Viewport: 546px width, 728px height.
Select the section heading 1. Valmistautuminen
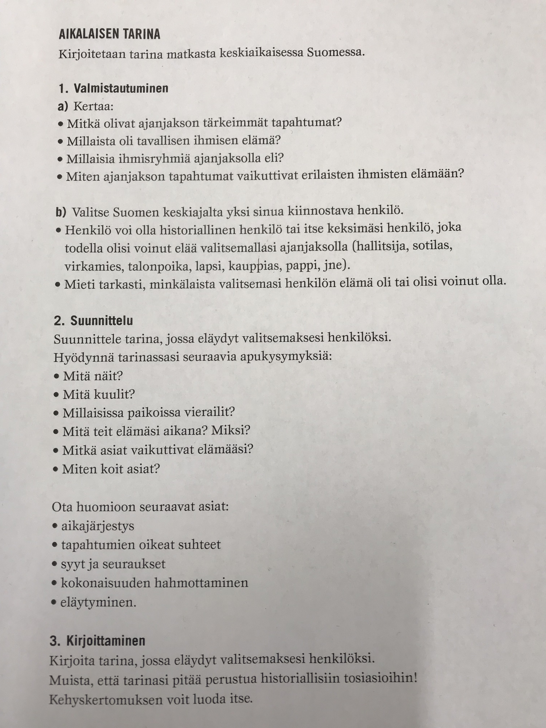pyautogui.click(x=114, y=88)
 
